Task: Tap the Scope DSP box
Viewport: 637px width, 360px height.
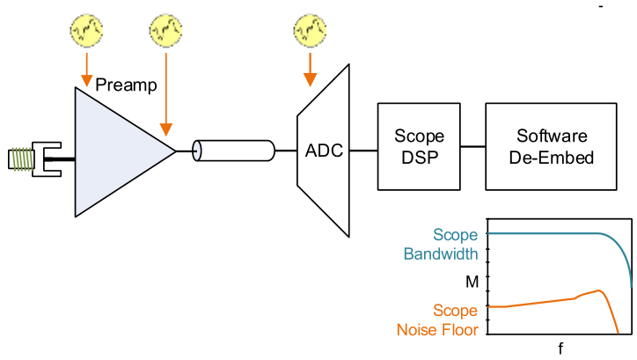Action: [x=419, y=146]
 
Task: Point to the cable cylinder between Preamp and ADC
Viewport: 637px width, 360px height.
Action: [x=232, y=151]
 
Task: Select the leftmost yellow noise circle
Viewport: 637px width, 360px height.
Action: [x=86, y=31]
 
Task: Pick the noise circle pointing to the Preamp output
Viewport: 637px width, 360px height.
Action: [x=166, y=31]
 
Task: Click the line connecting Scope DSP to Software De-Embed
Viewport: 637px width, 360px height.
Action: [x=473, y=146]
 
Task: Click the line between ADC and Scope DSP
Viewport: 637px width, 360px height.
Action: [x=363, y=151]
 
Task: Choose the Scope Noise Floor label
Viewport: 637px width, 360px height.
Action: [x=436, y=320]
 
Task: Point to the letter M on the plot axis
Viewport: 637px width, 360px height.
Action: [x=471, y=282]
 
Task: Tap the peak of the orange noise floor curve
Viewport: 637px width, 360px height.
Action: [x=599, y=290]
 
